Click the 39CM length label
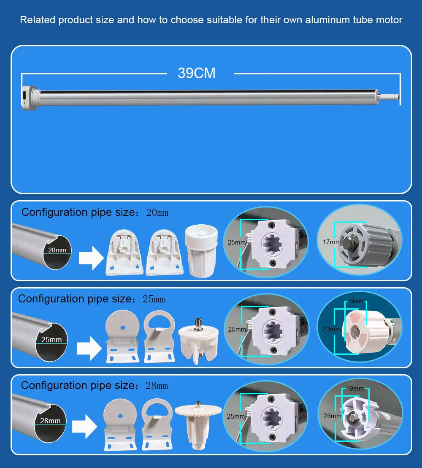(x=197, y=73)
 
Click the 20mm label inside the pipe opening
(x=57, y=250)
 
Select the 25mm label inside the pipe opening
(x=51, y=340)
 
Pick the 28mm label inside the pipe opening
(x=50, y=421)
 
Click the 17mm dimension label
(x=331, y=242)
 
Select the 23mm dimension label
(x=331, y=329)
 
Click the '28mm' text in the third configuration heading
(x=157, y=386)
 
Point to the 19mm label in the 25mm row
(x=356, y=301)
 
